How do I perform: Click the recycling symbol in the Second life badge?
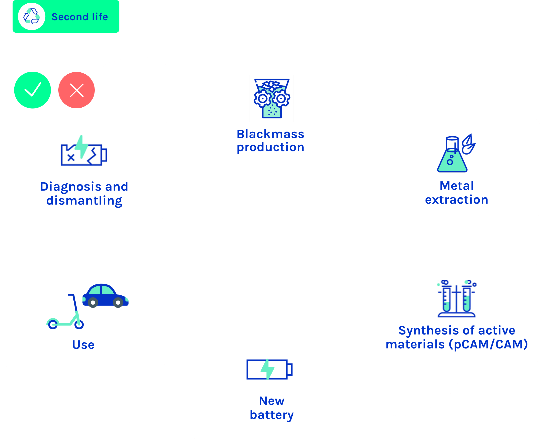click(x=31, y=16)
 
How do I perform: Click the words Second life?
click(x=80, y=17)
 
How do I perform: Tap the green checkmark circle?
click(x=33, y=90)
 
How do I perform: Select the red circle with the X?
click(x=77, y=90)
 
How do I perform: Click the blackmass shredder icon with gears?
click(x=272, y=98)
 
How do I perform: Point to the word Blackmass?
click(x=270, y=134)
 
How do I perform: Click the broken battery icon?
click(x=84, y=151)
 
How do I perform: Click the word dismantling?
click(x=84, y=201)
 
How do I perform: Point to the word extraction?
click(x=457, y=200)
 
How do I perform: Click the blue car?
click(x=105, y=296)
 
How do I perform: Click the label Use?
click(x=83, y=345)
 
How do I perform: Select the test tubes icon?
click(x=457, y=299)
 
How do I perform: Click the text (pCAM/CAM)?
click(x=488, y=344)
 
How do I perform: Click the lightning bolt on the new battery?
click(x=268, y=369)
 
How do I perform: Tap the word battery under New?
click(x=272, y=415)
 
